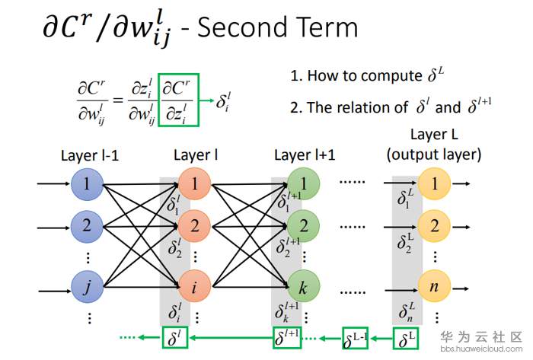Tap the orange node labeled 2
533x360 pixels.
coord(194,225)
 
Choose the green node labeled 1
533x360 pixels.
coord(304,183)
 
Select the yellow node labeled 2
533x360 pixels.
coord(434,225)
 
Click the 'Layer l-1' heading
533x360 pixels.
coord(90,157)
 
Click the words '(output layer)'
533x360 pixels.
coord(434,155)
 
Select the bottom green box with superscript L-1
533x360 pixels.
coord(356,337)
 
